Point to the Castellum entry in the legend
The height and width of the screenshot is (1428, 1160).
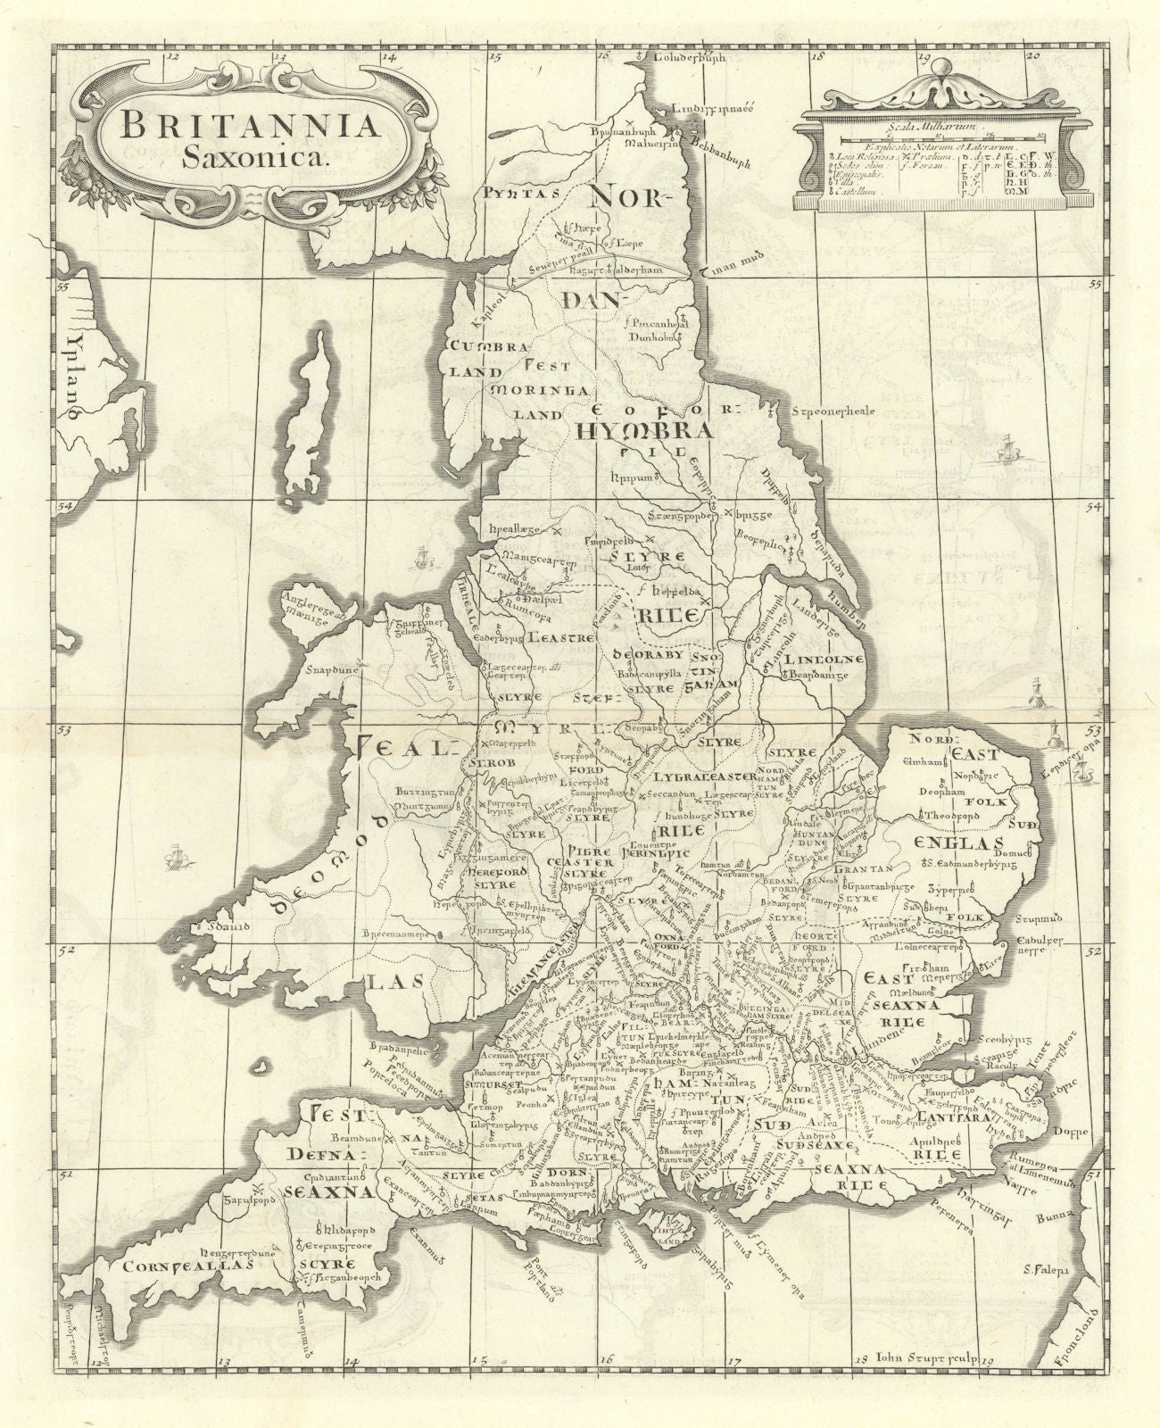click(849, 191)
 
